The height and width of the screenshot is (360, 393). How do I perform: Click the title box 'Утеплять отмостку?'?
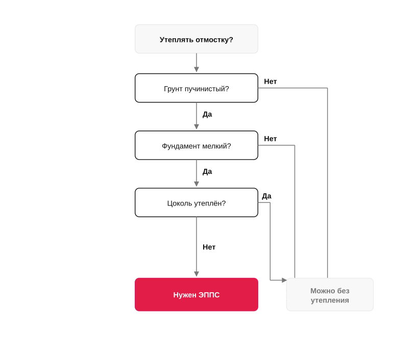click(196, 39)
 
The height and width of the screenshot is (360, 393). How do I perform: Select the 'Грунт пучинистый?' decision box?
click(196, 88)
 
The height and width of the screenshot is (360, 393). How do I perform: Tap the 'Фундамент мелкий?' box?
click(196, 145)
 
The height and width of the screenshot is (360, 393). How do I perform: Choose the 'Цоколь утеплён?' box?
click(196, 202)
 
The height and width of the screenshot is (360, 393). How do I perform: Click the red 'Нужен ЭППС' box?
click(196, 294)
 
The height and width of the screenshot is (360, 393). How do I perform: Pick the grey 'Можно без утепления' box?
click(330, 294)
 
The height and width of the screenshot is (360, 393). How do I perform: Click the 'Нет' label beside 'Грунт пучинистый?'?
click(270, 82)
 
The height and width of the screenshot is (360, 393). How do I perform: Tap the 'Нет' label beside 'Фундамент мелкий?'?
click(270, 139)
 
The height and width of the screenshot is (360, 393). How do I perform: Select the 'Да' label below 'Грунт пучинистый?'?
click(207, 114)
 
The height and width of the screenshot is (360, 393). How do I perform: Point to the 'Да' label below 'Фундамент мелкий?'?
click(207, 172)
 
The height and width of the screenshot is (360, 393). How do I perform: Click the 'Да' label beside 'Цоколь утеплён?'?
click(266, 196)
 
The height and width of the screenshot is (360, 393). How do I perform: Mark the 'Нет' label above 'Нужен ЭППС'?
click(209, 247)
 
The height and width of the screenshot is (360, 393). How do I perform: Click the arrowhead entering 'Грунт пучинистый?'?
click(196, 69)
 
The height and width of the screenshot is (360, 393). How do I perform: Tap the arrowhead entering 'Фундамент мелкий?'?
click(196, 126)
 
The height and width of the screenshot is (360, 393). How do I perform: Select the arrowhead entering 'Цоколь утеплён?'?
click(196, 184)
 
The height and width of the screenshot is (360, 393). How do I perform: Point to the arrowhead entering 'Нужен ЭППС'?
click(196, 274)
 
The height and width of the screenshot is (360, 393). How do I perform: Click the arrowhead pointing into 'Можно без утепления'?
click(284, 280)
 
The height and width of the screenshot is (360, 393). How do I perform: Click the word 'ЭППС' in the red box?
click(209, 295)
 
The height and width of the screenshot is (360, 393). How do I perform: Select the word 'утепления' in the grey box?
click(330, 300)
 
